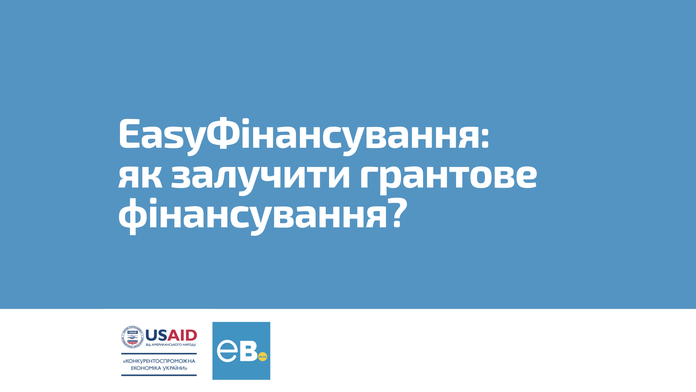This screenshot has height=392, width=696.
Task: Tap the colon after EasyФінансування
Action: pos(485,138)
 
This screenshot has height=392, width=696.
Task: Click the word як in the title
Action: pos(140,177)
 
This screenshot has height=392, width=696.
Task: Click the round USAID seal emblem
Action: pos(133,337)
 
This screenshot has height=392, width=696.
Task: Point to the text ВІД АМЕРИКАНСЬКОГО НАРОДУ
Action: pos(171,344)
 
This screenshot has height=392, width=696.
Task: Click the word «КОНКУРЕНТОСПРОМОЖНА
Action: pos(159,361)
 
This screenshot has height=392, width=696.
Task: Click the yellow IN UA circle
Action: pos(263,357)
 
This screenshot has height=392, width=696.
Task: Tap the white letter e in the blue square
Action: pos(227,351)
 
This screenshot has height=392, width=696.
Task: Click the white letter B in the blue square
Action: pos(248,351)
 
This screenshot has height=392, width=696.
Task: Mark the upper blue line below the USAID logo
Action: pos(159,354)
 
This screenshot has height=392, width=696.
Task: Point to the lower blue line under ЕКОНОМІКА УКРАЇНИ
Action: pos(159,375)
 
